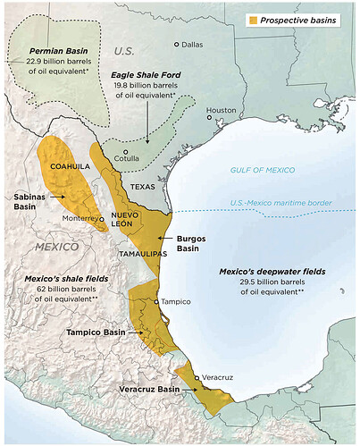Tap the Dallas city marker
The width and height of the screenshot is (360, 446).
tap(177, 44)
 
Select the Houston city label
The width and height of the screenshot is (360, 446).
tap(221, 111)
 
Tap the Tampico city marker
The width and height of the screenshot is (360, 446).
tap(157, 302)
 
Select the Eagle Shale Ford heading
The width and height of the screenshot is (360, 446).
tap(146, 76)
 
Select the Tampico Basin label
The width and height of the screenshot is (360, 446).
tap(96, 332)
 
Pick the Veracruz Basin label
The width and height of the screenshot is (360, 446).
tap(149, 391)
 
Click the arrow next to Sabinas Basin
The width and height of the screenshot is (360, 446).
tap(59, 195)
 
